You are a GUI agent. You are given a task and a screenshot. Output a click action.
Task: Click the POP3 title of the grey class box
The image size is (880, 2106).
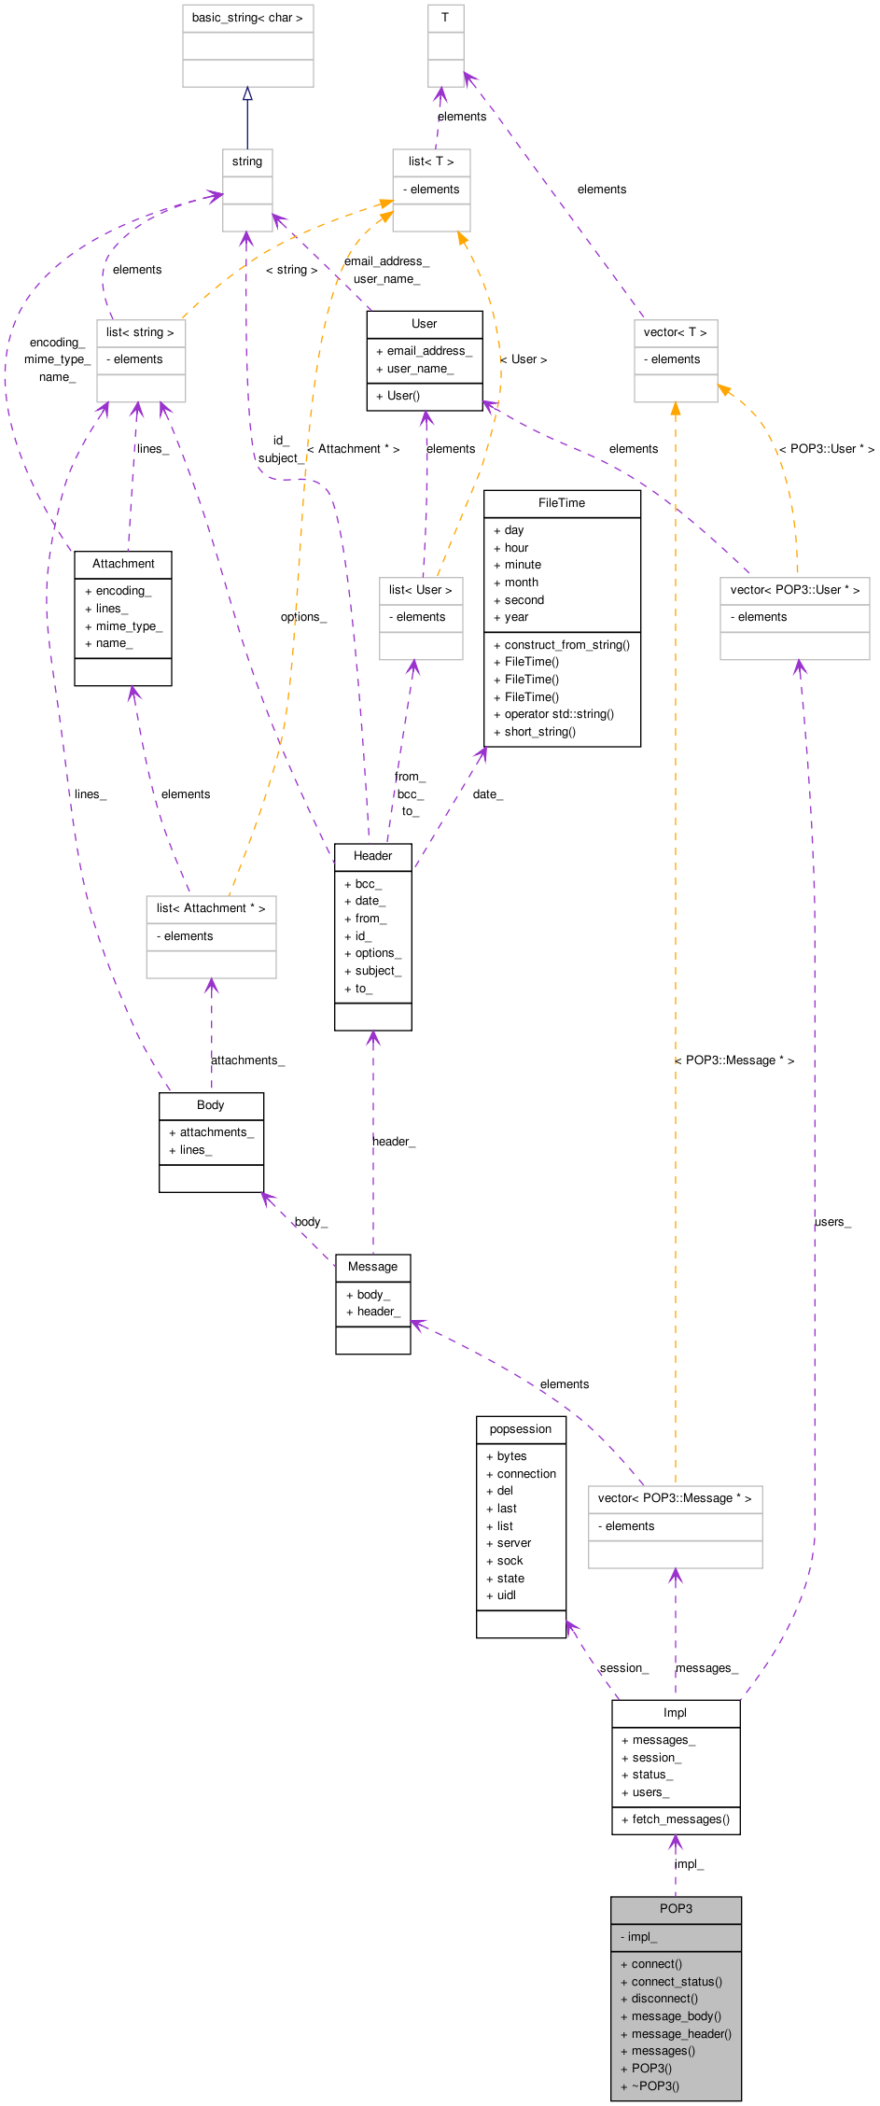coord(676,1909)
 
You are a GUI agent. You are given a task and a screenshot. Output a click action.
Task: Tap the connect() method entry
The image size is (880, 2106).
coord(656,1964)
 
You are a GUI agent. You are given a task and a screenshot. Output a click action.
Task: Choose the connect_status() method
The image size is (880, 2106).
coord(677,1982)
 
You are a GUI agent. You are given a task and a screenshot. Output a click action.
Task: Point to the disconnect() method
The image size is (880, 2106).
coord(664,1999)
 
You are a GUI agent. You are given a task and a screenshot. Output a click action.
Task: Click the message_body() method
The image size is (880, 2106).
coord(676,2016)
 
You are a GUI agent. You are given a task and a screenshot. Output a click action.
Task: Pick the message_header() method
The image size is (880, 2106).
coord(681,2034)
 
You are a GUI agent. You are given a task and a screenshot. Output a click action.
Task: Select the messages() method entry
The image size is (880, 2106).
coord(663,2051)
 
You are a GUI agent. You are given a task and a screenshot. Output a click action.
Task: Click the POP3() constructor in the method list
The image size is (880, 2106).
coord(651,2069)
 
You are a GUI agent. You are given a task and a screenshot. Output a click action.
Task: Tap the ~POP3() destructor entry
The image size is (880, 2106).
coord(655,2086)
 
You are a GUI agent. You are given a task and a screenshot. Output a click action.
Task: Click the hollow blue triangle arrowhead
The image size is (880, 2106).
coord(247,94)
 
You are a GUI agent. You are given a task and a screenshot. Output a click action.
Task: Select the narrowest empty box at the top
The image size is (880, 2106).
coord(446,46)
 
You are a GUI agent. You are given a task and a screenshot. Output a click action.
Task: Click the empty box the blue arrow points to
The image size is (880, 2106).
coord(248,46)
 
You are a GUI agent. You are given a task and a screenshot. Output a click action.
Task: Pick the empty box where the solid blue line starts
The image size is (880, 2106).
coord(247,190)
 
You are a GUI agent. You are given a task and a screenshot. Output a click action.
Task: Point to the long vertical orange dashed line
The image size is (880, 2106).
coord(676,934)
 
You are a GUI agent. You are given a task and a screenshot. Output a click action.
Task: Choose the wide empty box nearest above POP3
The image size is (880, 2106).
coord(676,1527)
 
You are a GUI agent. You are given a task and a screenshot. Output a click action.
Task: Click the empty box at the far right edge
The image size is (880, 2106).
coord(795,619)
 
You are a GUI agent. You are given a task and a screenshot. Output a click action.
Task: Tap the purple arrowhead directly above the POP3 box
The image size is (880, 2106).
coord(676,1843)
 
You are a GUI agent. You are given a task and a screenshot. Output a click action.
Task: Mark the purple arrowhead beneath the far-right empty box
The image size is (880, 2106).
coord(800,668)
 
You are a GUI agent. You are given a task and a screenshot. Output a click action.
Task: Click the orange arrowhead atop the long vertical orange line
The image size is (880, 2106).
coord(676,409)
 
